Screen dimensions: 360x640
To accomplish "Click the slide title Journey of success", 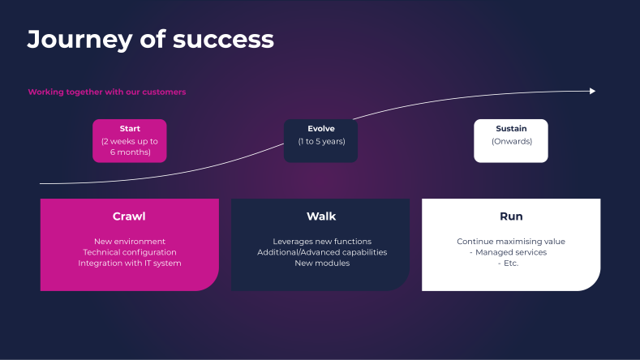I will [x=150, y=39].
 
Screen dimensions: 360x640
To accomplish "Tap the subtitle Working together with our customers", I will [x=107, y=92].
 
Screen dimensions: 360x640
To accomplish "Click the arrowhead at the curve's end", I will [x=593, y=91].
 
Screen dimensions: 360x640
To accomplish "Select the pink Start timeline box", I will [x=129, y=140].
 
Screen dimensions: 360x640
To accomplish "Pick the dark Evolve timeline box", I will [x=320, y=140].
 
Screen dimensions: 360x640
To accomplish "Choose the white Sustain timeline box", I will [x=511, y=140].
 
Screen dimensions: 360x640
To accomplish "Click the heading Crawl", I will [x=129, y=216].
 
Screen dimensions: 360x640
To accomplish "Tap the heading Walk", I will [x=321, y=216].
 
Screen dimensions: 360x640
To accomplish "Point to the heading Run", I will [x=511, y=216].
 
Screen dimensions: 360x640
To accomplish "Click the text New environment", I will [x=130, y=242].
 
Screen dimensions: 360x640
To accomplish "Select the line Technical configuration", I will [x=130, y=252].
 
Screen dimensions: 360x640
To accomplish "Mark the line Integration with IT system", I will [x=130, y=263].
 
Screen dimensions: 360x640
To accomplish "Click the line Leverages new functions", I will [x=322, y=242].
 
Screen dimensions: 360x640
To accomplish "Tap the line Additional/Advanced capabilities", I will [x=322, y=252].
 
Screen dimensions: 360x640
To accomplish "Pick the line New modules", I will [x=322, y=263].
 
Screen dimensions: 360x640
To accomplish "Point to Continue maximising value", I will [x=511, y=242].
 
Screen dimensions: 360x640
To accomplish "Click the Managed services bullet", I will [x=511, y=252].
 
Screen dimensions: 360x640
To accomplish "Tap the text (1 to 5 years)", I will [x=321, y=141].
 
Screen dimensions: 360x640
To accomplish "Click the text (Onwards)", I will [x=511, y=141].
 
